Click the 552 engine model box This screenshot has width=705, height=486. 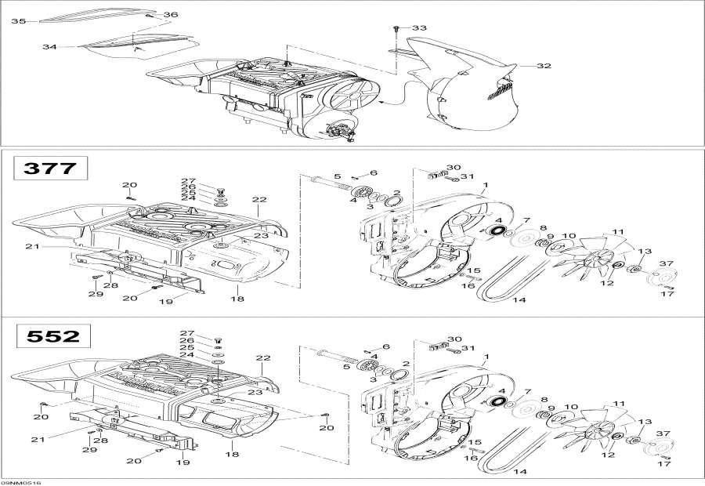[52, 336]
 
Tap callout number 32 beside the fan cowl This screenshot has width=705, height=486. [544, 66]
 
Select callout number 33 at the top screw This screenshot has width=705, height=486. [420, 28]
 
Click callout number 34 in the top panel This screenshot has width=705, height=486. [49, 47]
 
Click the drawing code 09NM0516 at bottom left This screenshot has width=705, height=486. [20, 482]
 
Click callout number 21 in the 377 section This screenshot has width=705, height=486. [32, 246]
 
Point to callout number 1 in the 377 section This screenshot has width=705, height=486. [485, 187]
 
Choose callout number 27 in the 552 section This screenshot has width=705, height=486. [187, 333]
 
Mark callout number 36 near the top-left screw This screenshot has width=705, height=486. [171, 15]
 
